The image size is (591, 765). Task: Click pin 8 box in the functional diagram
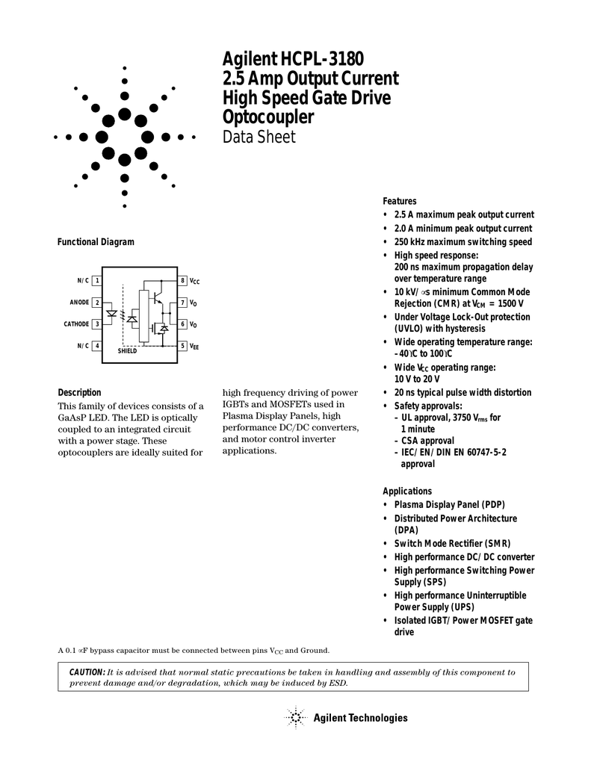(182, 280)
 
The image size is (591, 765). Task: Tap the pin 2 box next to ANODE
(97, 302)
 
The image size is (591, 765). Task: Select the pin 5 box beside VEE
(182, 346)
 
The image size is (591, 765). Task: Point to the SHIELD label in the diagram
(128, 351)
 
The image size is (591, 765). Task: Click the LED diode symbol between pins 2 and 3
(111, 314)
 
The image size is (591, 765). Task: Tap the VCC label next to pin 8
(194, 281)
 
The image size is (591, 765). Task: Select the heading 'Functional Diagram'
(96, 242)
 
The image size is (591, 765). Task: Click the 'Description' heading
(79, 392)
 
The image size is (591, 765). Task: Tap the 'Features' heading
(400, 201)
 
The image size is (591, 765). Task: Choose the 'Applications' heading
(407, 491)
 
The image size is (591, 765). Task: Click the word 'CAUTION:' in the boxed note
(87, 672)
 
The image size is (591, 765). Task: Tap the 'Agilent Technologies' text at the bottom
(361, 718)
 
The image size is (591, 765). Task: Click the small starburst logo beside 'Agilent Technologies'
(296, 718)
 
